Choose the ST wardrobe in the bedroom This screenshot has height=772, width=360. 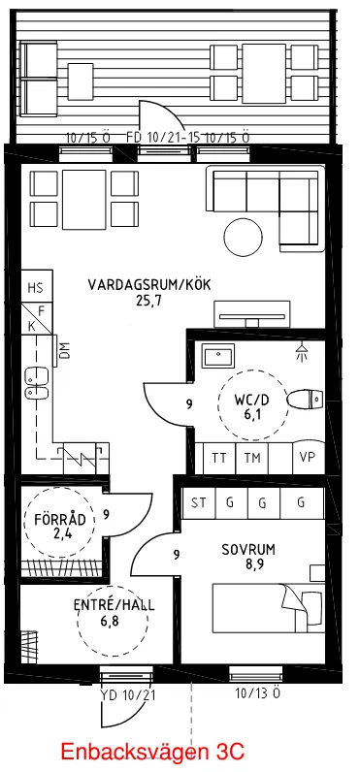point(200,502)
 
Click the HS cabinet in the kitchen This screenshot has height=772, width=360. point(36,288)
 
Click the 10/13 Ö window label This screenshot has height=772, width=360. point(257,693)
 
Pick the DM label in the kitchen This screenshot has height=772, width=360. point(64,352)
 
